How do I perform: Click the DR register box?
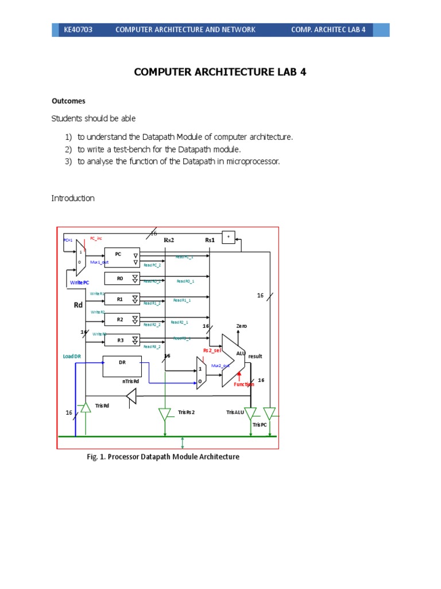[x=122, y=366]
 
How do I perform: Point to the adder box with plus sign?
[x=228, y=237]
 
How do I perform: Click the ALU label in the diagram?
[x=241, y=353]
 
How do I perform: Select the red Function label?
[x=243, y=384]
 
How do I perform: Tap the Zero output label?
[x=241, y=326]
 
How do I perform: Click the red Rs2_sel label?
[x=212, y=350]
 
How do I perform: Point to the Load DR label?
[x=72, y=357]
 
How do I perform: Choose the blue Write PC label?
[x=79, y=284]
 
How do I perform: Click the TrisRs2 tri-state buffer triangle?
[x=165, y=414]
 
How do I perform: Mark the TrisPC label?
[x=260, y=424]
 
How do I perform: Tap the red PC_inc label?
[x=96, y=238]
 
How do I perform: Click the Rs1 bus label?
[x=210, y=240]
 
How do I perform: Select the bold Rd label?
[x=79, y=305]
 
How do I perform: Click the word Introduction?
[x=73, y=198]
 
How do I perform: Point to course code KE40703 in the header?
[x=78, y=30]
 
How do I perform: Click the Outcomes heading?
[x=68, y=101]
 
